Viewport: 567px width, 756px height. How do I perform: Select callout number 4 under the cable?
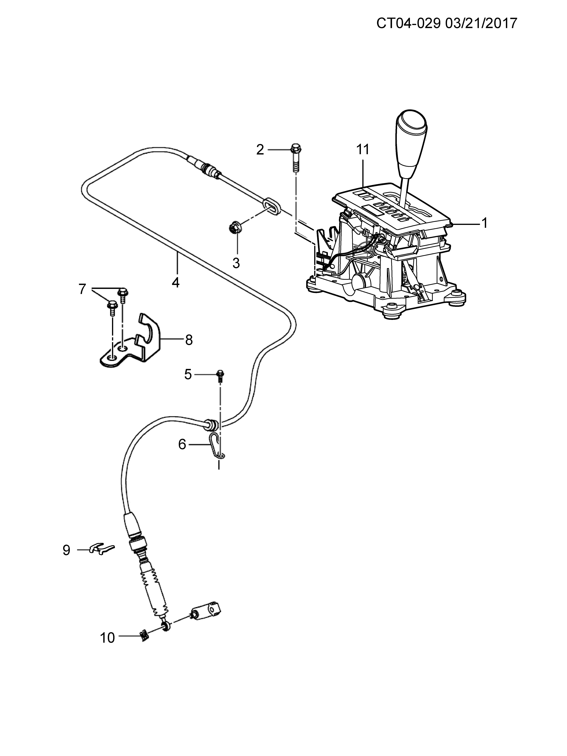[x=176, y=282]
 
